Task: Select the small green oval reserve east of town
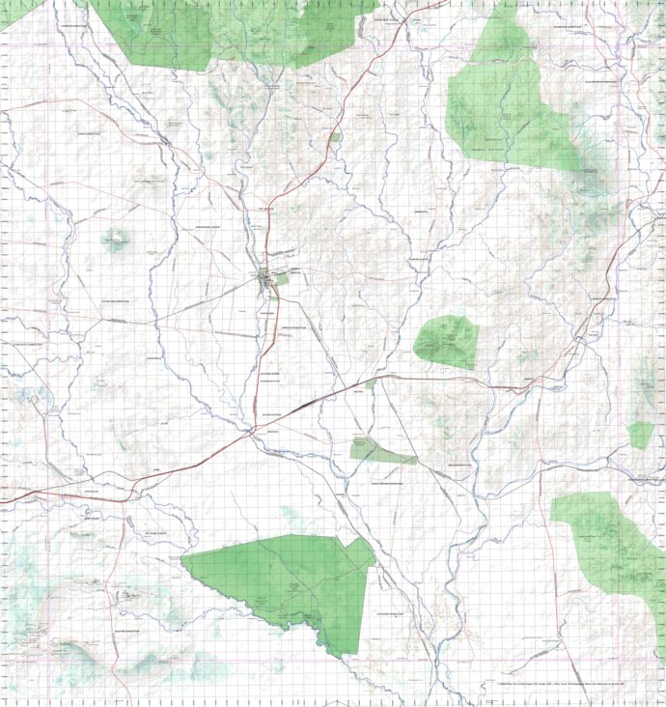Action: coord(447,342)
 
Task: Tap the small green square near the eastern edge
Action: coord(640,435)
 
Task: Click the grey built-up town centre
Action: coord(266,281)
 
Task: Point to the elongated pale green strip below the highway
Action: coord(382,450)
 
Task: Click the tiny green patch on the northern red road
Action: coord(335,138)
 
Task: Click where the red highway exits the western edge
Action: coord(3,500)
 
